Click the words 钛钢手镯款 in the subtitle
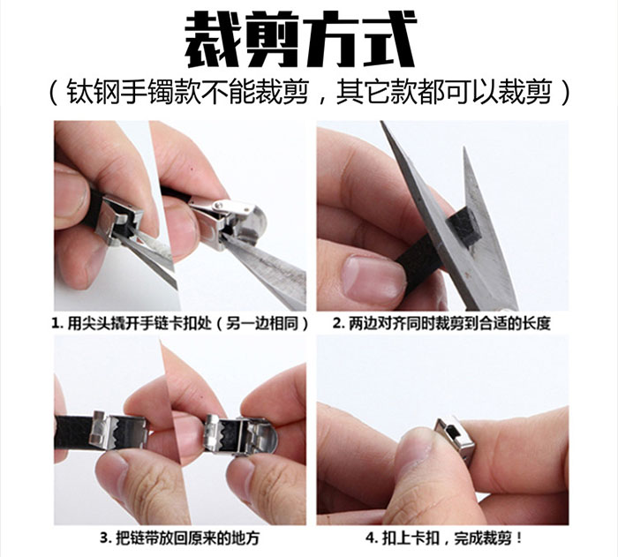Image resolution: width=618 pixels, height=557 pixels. point(133,93)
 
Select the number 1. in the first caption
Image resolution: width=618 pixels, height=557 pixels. point(57,324)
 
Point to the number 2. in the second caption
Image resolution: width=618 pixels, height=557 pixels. point(339,324)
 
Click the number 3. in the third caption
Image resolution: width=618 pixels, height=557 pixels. point(105,538)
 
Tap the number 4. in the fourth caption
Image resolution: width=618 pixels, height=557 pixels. point(372,538)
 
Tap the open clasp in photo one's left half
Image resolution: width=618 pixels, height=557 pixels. point(118,219)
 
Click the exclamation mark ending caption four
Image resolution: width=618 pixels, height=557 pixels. point(519,538)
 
